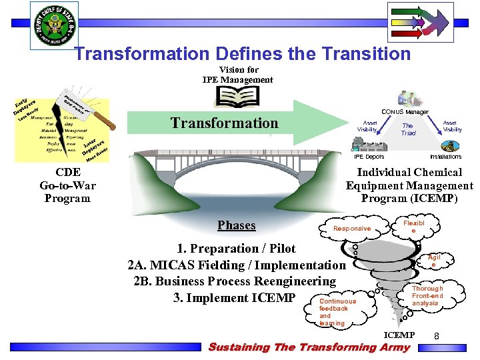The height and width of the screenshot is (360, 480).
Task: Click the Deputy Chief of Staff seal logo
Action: point(54,25)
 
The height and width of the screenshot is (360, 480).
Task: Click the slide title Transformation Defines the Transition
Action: point(242,53)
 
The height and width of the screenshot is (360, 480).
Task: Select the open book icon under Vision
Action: point(237,96)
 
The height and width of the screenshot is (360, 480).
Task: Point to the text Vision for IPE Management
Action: point(237,75)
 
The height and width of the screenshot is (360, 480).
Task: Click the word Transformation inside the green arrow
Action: point(224,123)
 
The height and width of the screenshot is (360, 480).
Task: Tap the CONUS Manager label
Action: point(405,112)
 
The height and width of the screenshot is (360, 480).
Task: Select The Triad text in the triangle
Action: point(407,129)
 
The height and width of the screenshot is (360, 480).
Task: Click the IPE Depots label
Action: point(369,157)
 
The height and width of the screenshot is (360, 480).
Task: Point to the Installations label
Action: point(445,157)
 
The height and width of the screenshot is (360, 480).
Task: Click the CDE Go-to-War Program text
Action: point(67,185)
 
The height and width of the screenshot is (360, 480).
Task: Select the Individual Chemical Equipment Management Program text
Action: point(409,185)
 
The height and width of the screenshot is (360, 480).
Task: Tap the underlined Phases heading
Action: point(237,225)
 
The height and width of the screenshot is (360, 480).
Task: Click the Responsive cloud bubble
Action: point(352,229)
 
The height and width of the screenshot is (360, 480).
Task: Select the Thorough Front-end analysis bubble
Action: point(427,296)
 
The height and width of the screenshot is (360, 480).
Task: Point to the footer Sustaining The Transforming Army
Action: point(309,347)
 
